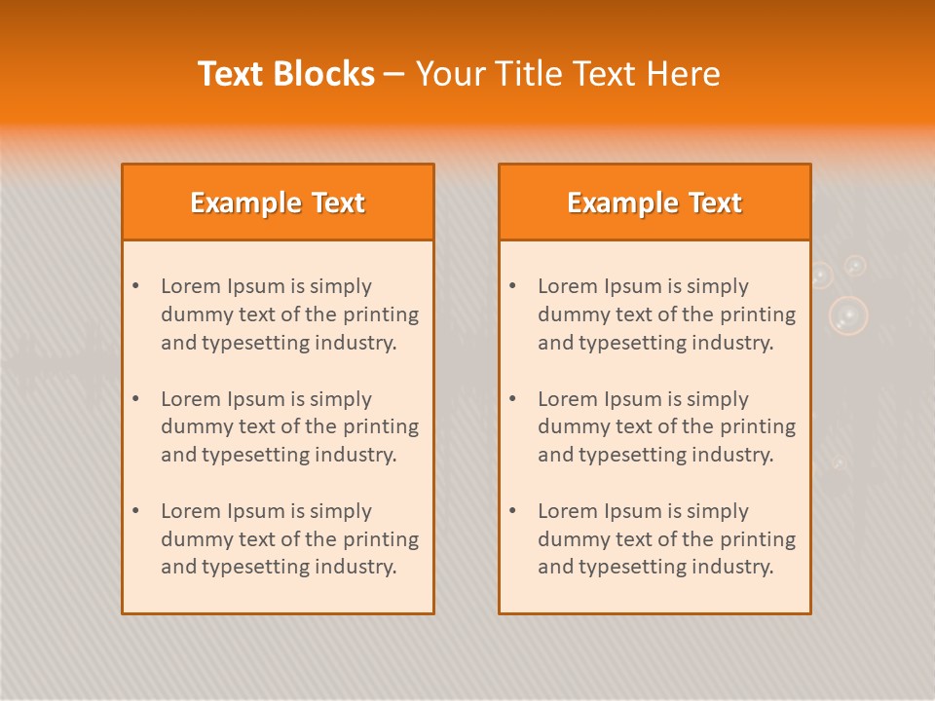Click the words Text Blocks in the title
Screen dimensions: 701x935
[x=286, y=74]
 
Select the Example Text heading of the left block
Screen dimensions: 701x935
[x=278, y=203]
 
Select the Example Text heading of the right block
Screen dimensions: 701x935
[x=654, y=203]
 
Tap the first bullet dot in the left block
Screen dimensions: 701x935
[x=135, y=286]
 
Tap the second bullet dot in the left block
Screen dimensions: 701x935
[x=135, y=399]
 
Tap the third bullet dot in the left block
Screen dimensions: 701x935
[x=135, y=511]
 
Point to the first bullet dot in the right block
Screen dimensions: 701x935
[x=512, y=286]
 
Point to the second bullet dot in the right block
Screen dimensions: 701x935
[x=512, y=399]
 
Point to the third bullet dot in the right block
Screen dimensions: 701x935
[x=512, y=511]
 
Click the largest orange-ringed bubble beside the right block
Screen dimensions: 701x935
[x=848, y=315]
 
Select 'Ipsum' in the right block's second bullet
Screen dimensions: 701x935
[x=633, y=399]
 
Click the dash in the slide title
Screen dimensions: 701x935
[x=394, y=74]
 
